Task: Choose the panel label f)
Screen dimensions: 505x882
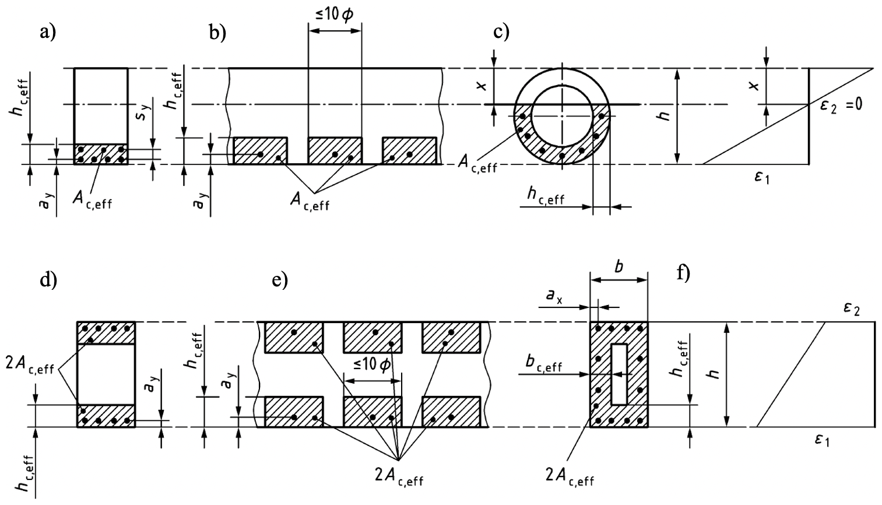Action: pyautogui.click(x=683, y=273)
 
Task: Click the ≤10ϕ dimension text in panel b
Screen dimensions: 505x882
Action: pyautogui.click(x=335, y=16)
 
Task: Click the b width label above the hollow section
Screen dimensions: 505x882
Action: pyautogui.click(x=619, y=268)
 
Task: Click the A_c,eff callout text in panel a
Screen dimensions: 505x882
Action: pyautogui.click(x=93, y=199)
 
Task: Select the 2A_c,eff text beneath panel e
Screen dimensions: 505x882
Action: pyautogui.click(x=399, y=475)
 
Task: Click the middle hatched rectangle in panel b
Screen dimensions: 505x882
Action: pyautogui.click(x=335, y=150)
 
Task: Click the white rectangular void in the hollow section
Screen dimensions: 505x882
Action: pyautogui.click(x=619, y=374)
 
